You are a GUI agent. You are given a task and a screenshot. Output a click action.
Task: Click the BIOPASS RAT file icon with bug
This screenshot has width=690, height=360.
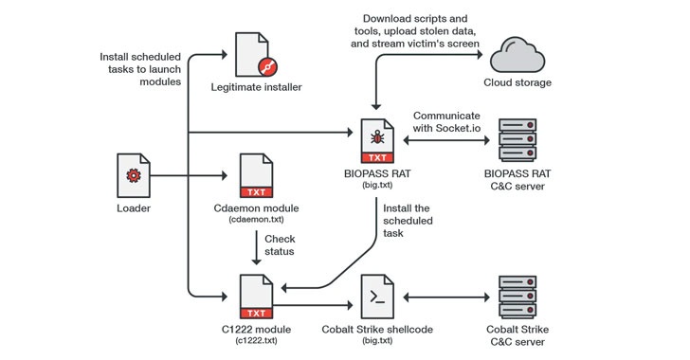pos(376,140)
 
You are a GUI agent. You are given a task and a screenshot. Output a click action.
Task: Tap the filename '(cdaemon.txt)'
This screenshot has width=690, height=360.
pos(257,219)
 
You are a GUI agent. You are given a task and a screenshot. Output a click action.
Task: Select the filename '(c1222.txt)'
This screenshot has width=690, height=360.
pos(257,339)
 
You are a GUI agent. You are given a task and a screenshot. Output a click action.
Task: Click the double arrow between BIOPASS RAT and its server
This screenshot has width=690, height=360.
pos(445,140)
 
